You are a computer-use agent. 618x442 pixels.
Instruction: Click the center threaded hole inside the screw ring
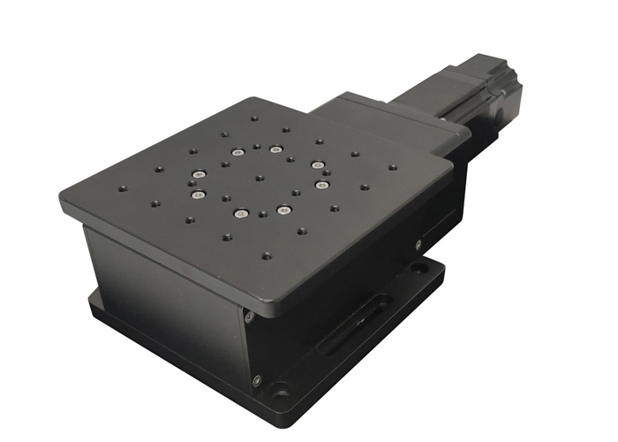(259, 177)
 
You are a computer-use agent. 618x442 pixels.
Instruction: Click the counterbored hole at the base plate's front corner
(281, 392)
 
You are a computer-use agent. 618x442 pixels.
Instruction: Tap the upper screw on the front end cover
(250, 316)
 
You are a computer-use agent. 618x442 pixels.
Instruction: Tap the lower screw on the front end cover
(256, 381)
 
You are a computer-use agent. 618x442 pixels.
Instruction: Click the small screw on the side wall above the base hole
(418, 244)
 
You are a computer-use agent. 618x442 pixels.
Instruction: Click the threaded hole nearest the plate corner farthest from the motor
(122, 188)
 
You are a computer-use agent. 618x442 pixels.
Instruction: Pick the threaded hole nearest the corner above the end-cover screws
(266, 256)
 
